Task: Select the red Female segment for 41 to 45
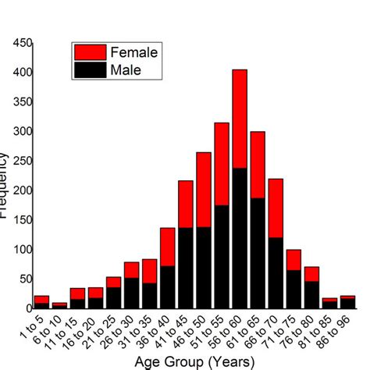point(186,205)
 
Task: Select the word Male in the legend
point(126,70)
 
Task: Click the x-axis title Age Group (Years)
point(195,361)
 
